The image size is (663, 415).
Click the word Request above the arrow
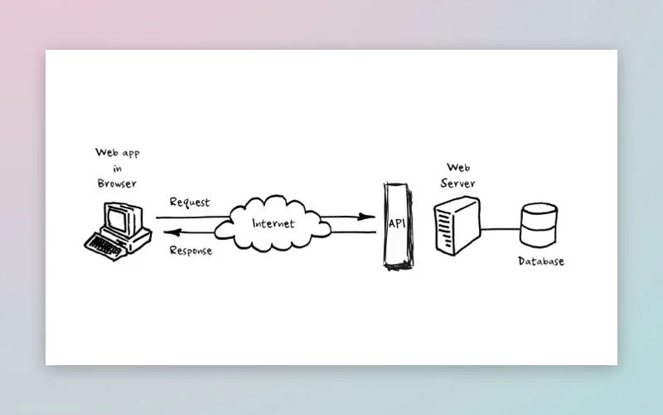189,202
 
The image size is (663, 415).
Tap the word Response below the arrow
191,251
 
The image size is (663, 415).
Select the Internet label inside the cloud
273,223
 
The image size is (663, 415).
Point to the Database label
540,261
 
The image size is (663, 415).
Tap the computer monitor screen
116,220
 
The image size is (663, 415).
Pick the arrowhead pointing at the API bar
365,217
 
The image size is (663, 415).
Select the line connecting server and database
500,227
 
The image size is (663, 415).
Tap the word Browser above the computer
116,183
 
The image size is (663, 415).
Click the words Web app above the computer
116,153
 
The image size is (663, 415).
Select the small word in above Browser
116,168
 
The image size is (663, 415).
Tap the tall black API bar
395,249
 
